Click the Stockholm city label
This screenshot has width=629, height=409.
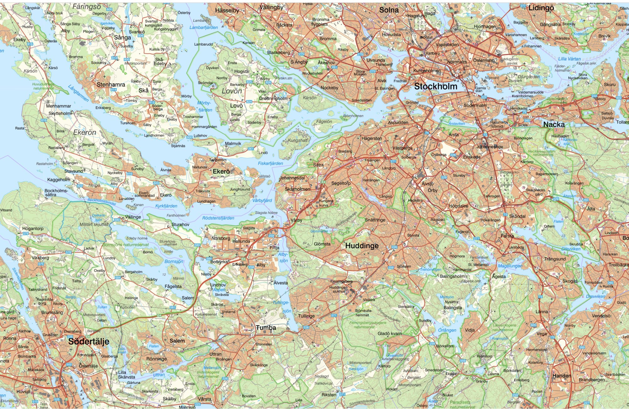436,86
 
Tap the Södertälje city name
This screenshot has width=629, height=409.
89,341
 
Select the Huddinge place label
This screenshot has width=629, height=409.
362,246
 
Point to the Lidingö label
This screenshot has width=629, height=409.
541,8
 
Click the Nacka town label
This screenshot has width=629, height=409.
554,125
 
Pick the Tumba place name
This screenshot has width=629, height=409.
266,328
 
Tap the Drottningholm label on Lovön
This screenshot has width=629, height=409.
273,98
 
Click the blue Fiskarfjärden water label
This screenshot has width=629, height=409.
270,163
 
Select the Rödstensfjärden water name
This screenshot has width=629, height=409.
218,218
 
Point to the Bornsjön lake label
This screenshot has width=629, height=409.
174,261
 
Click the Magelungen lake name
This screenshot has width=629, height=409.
510,266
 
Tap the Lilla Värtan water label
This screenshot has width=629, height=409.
569,59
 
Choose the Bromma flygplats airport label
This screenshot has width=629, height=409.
320,22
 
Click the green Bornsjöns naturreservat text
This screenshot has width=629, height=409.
126,244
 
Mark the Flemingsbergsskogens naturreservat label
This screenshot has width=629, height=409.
368,325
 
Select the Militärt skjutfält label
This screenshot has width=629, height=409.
94,224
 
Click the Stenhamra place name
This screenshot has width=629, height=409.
111,85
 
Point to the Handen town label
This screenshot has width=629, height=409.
562,376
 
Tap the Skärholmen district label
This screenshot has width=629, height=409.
297,189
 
